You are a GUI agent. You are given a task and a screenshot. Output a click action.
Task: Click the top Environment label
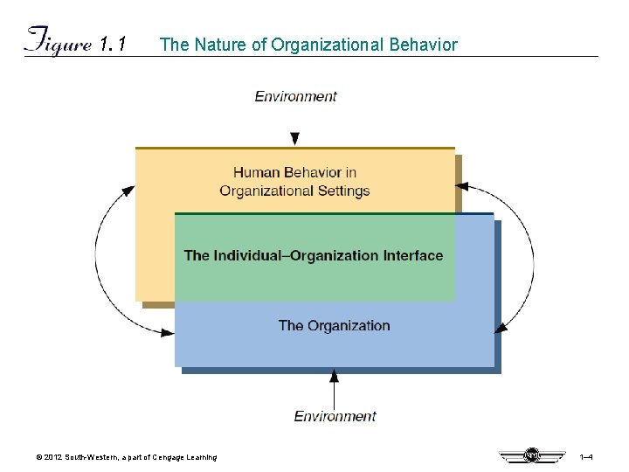pyautogui.click(x=295, y=96)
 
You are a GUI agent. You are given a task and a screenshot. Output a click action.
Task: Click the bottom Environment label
pyautogui.click(x=335, y=416)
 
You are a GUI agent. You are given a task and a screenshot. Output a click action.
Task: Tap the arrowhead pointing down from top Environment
pyautogui.click(x=295, y=138)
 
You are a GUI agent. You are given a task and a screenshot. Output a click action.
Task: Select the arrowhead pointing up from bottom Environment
pyautogui.click(x=334, y=376)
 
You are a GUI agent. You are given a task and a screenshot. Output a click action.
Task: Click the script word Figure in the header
pyautogui.click(x=58, y=42)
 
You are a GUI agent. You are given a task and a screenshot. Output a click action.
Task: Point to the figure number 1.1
pyautogui.click(x=114, y=44)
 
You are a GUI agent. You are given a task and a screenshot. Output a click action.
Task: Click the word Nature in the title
pyautogui.click(x=219, y=45)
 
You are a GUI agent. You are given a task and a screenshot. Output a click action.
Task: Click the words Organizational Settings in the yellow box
pyautogui.click(x=294, y=191)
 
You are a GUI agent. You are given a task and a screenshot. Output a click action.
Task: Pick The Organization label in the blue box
pyautogui.click(x=334, y=326)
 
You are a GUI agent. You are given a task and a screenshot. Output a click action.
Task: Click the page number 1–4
pyautogui.click(x=586, y=457)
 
